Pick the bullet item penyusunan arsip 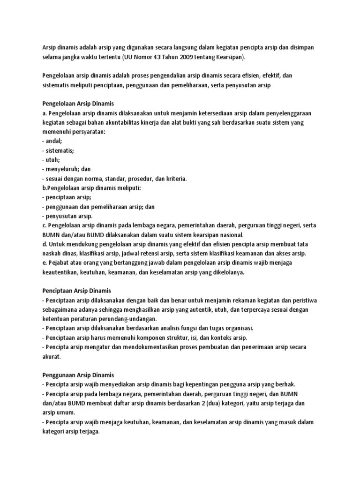pos(68,216)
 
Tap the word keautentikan pos(61,272)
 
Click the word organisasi pos(237,328)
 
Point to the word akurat pos(52,356)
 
